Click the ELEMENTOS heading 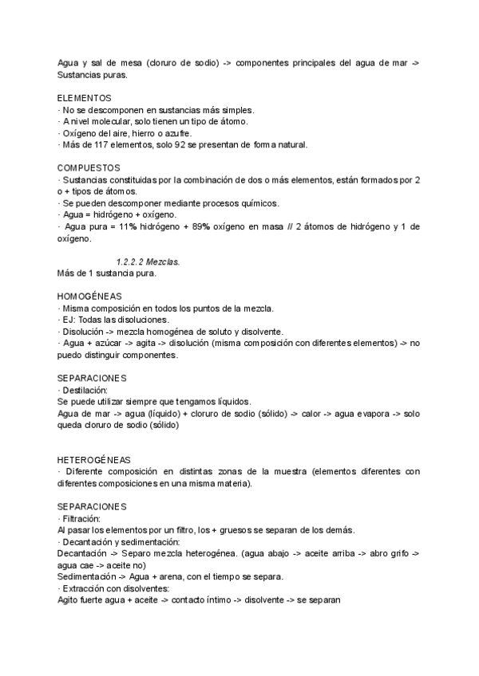tap(85, 98)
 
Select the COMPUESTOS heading tap(89, 168)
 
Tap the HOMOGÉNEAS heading tap(89, 297)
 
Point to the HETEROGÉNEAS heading tap(94, 460)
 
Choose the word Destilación tap(85, 390)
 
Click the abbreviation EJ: tap(69, 320)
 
